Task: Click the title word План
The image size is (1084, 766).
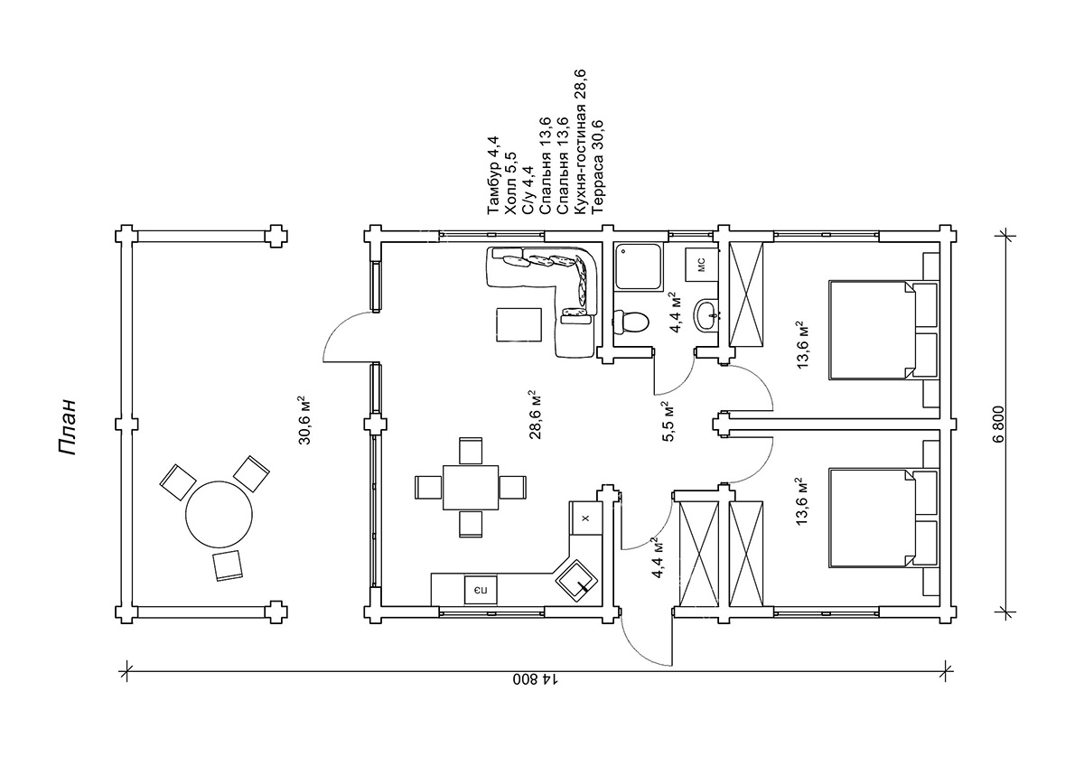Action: pos(67,427)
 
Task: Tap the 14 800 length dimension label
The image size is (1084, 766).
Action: pos(537,679)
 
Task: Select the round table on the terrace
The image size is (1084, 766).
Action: pos(220,514)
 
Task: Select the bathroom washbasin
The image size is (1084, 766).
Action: pos(706,315)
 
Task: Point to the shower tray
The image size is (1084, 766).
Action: pos(639,267)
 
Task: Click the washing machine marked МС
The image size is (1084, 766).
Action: pos(701,264)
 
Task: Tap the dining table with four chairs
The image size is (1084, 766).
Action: pos(471,487)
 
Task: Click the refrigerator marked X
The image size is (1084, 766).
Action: pos(585,518)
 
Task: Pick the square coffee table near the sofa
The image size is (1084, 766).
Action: pos(519,324)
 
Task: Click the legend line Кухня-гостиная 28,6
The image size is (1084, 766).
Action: pos(581,141)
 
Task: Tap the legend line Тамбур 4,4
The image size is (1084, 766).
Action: pos(493,175)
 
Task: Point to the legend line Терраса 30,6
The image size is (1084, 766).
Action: pos(598,165)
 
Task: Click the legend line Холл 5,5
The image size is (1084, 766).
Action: pos(510,183)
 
